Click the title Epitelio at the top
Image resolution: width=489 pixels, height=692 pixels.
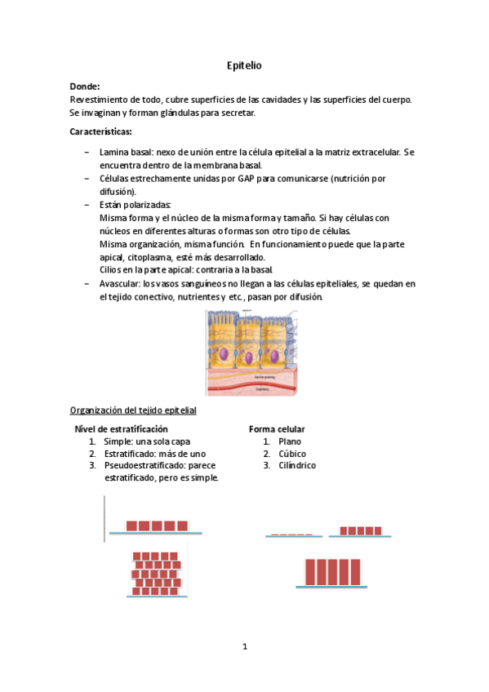point(244,64)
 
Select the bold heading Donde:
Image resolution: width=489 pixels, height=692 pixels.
point(86,86)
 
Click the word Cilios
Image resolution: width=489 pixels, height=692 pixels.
point(112,270)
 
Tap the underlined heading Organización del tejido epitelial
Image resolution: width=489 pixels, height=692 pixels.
point(133,410)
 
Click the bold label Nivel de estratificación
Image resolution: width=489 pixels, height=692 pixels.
point(122,428)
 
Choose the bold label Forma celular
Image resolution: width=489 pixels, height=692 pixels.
point(277,428)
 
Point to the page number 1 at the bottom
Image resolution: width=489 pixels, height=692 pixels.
point(244,647)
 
